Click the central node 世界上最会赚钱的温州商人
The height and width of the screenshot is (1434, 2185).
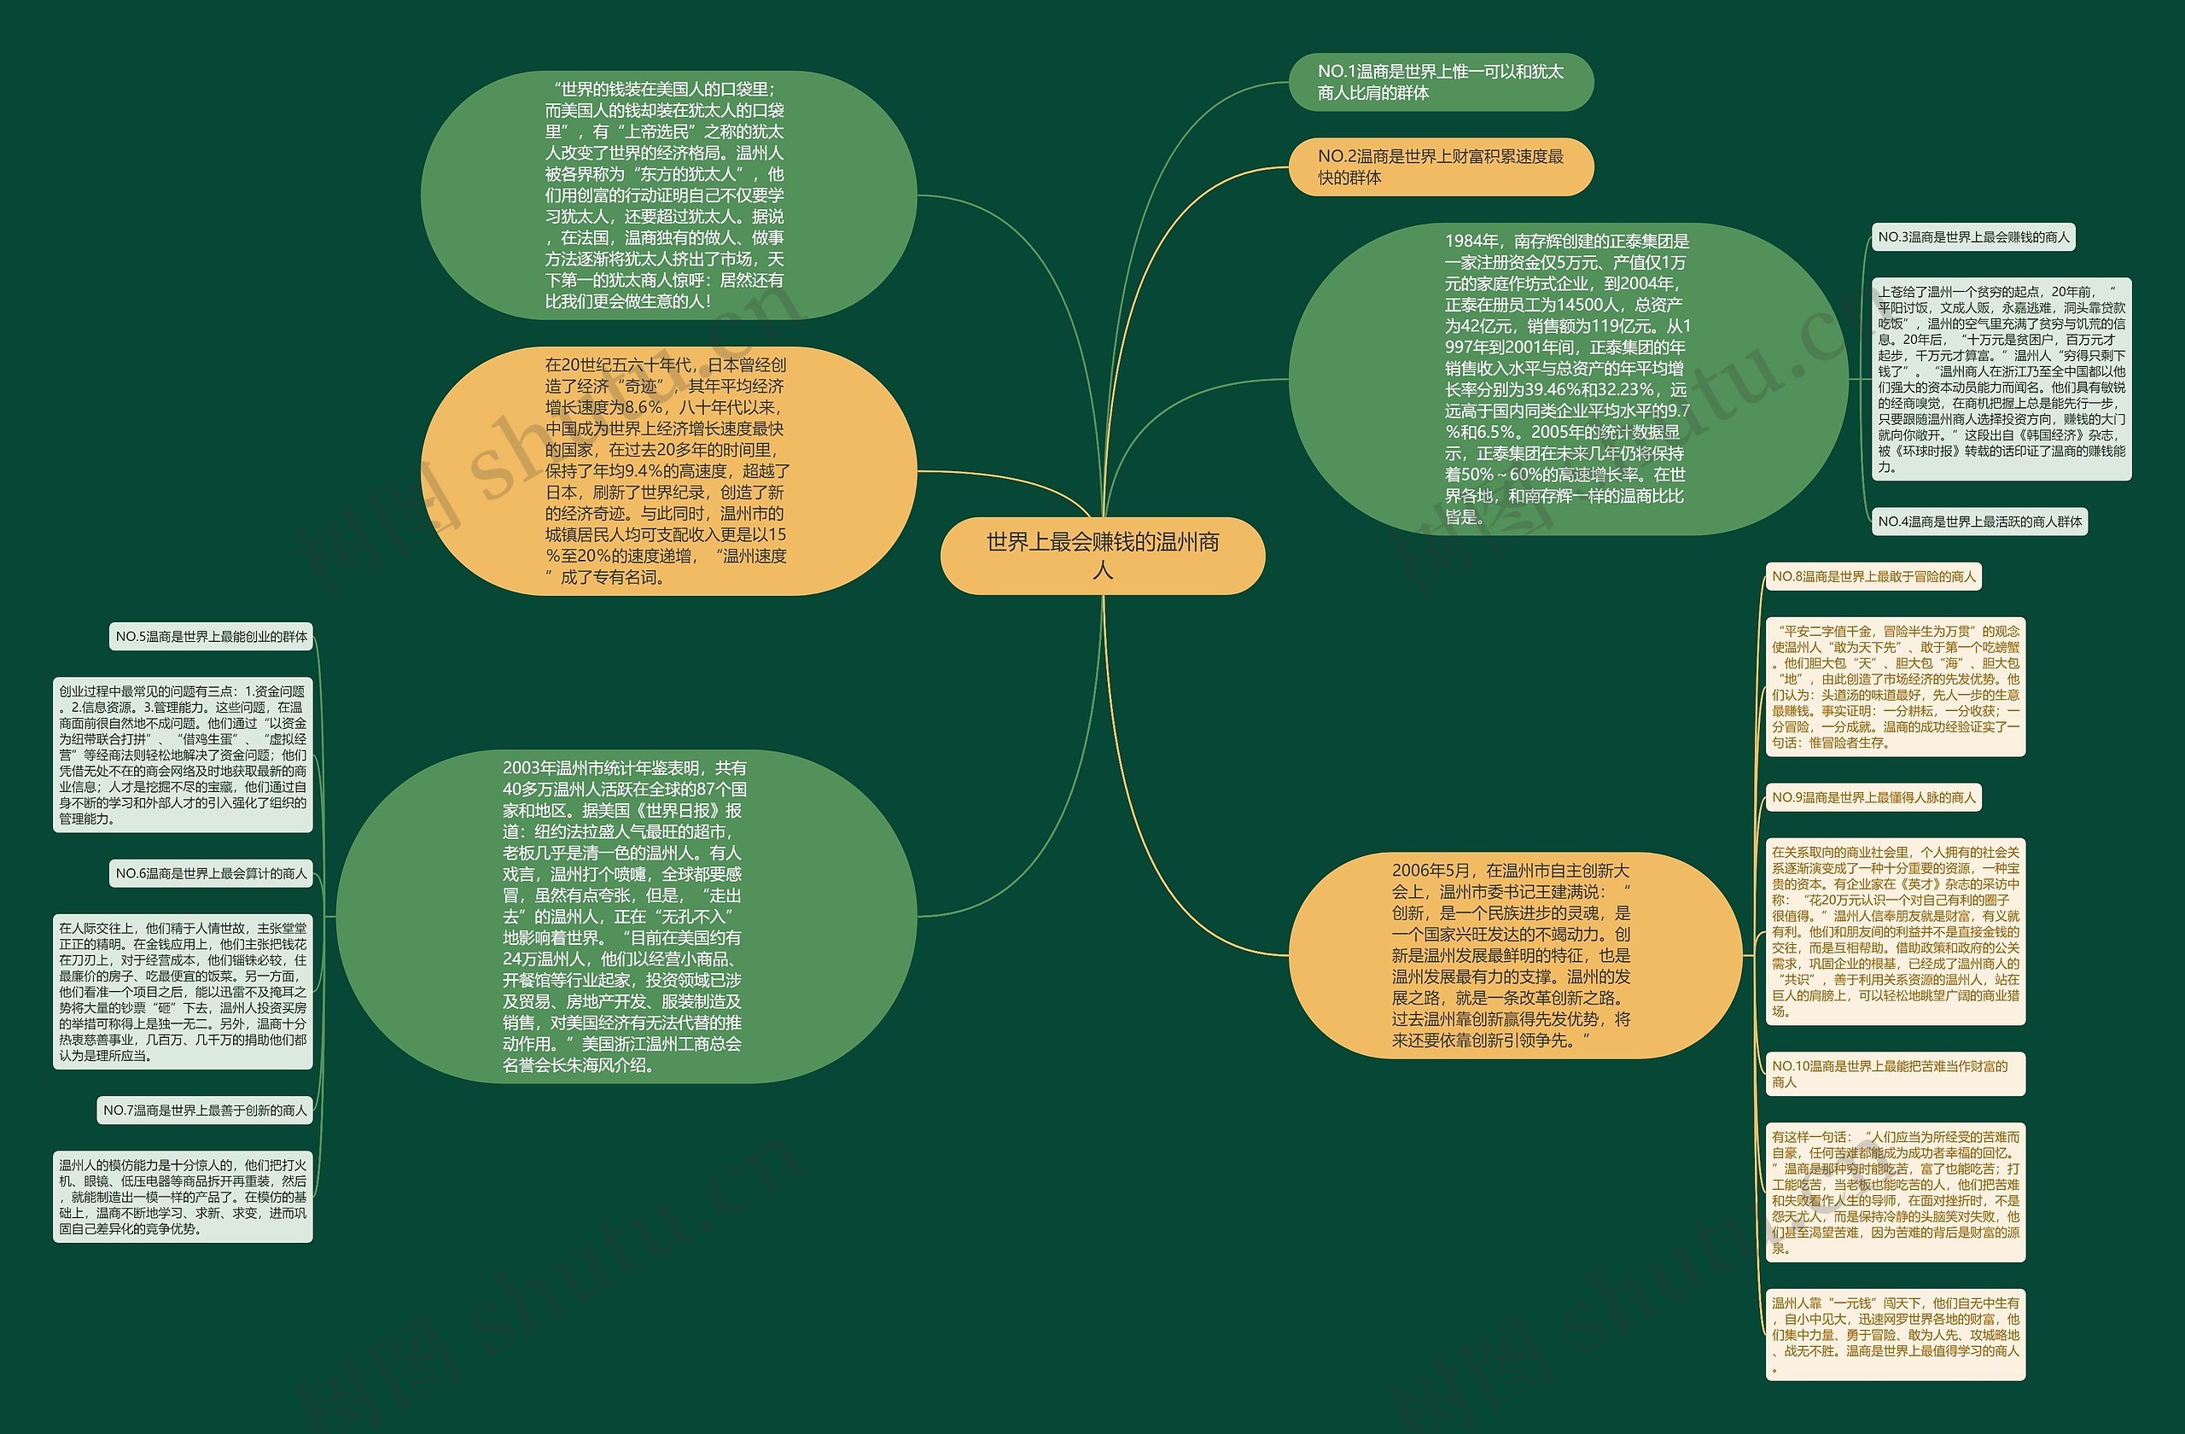[1103, 556]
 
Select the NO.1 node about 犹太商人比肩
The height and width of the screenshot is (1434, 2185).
[1441, 82]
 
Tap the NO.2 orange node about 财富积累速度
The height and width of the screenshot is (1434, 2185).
[1441, 167]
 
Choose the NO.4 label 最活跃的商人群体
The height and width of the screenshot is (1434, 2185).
[1979, 522]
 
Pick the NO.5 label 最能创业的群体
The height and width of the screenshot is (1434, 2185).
[211, 636]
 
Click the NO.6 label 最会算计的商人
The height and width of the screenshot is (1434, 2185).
[211, 873]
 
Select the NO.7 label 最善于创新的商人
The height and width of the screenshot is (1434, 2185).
[205, 1110]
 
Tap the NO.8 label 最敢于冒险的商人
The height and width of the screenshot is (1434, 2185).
[1873, 576]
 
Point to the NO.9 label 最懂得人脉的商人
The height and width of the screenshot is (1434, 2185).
[1873, 797]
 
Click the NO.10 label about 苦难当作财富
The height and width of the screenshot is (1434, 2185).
[1895, 1074]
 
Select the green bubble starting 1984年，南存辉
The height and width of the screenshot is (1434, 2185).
[1567, 378]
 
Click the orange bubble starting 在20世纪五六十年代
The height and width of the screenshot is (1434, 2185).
[667, 471]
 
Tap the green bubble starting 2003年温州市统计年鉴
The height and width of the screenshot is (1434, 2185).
[626, 916]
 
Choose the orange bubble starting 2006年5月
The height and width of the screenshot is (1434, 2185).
[1514, 955]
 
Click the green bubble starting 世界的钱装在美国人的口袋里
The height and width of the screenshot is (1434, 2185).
[667, 195]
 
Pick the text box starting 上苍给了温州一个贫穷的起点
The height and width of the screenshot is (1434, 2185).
[2001, 378]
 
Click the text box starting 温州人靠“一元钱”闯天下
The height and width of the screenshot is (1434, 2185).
[1895, 1334]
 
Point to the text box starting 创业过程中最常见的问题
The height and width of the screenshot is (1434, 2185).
[183, 755]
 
